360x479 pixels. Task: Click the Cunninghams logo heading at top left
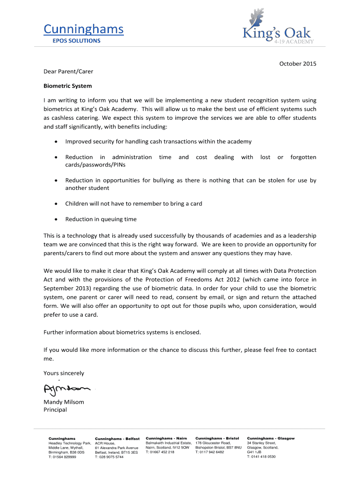(84, 29)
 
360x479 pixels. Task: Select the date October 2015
(298, 64)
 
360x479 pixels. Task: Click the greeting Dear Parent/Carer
(68, 72)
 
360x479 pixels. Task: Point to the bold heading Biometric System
(67, 86)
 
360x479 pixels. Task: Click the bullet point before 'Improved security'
(56, 142)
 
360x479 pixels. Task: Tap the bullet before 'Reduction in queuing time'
(56, 219)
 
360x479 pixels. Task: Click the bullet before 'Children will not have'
(56, 204)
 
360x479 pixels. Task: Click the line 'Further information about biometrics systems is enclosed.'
(122, 332)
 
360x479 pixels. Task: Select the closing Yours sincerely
(64, 373)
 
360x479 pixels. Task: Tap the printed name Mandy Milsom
(64, 402)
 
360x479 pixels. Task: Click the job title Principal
(55, 410)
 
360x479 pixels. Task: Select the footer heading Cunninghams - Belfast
(117, 439)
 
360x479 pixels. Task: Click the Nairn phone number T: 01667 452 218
(160, 452)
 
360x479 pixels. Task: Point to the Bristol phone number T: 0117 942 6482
(209, 452)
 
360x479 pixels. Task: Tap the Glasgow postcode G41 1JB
(254, 452)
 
